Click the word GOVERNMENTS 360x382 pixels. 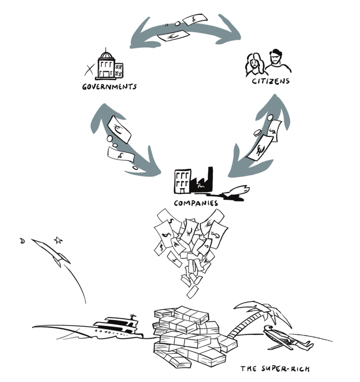(109, 87)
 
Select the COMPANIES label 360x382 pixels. (195, 203)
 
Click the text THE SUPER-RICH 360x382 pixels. (275, 369)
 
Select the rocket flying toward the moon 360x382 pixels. (51, 252)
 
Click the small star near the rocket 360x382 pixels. (58, 240)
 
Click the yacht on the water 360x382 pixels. (116, 326)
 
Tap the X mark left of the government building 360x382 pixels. (89, 68)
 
